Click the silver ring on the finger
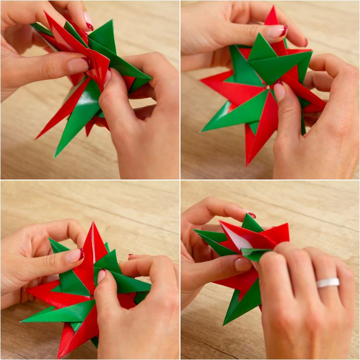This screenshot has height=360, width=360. (x=328, y=283)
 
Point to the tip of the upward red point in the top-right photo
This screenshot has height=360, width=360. (x=273, y=7)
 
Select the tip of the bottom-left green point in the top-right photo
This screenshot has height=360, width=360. (x=202, y=131)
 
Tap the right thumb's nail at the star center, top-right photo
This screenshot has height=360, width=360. (x=279, y=92)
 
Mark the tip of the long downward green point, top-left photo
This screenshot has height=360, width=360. (x=56, y=156)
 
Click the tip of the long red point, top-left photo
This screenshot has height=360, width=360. (x=36, y=139)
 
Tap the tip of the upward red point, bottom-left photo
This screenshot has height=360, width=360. (x=93, y=222)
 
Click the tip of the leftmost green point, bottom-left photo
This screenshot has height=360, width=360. (x=22, y=321)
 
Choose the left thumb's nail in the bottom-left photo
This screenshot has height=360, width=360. (x=74, y=256)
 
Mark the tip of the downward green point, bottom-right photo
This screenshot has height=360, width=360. (x=224, y=324)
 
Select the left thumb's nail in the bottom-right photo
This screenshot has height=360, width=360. (x=243, y=264)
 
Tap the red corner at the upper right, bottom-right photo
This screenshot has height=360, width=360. (x=288, y=224)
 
